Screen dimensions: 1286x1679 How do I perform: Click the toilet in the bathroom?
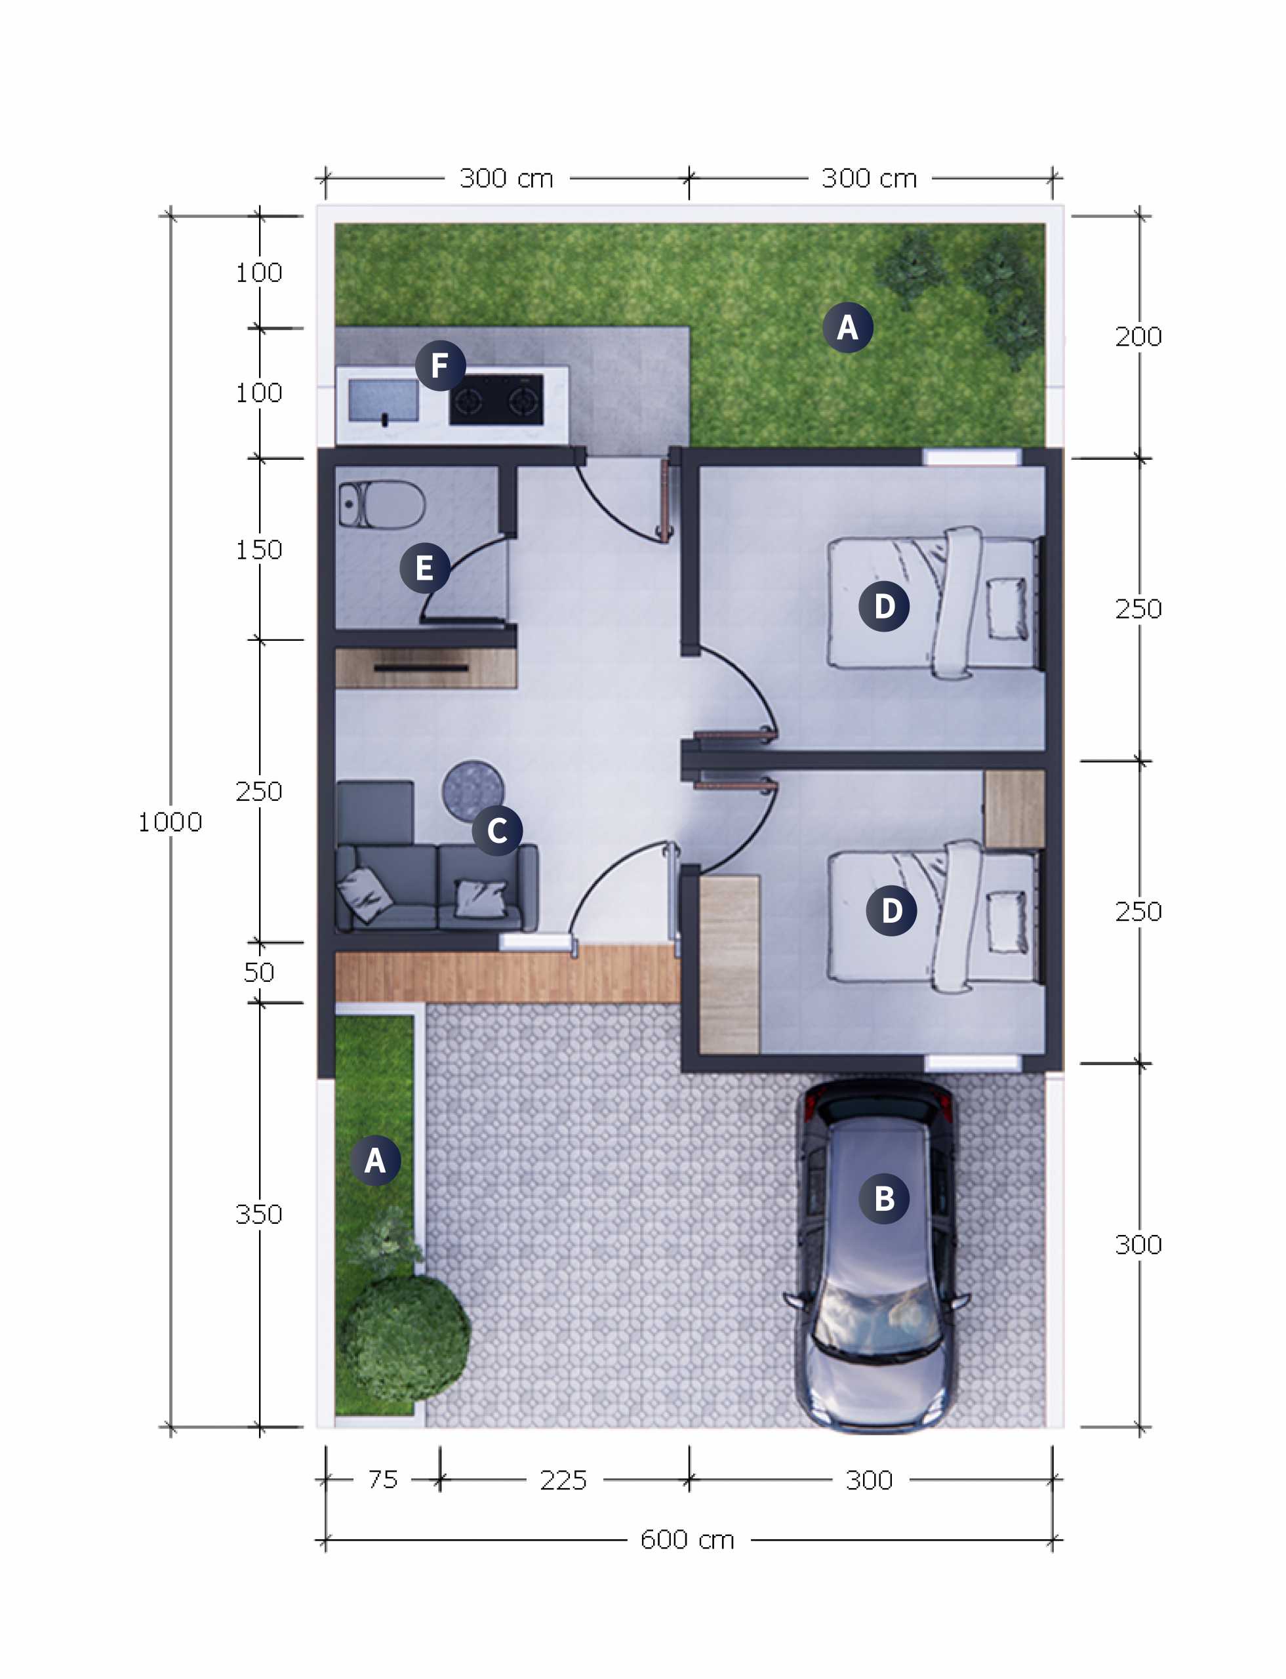381,504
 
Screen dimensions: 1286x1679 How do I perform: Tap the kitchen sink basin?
384,401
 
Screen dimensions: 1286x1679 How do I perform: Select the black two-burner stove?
496,399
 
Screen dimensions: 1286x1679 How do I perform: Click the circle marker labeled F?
440,366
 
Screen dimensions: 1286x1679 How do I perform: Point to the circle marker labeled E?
425,568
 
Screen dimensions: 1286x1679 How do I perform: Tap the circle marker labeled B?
884,1199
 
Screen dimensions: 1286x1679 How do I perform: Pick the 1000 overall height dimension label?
170,822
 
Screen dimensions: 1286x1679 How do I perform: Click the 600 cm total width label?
687,1540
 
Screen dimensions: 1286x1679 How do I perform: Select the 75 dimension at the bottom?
383,1479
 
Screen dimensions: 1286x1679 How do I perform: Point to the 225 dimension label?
563,1480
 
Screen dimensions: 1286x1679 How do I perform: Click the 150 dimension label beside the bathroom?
259,550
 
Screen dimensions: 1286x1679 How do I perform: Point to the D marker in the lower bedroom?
892,911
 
